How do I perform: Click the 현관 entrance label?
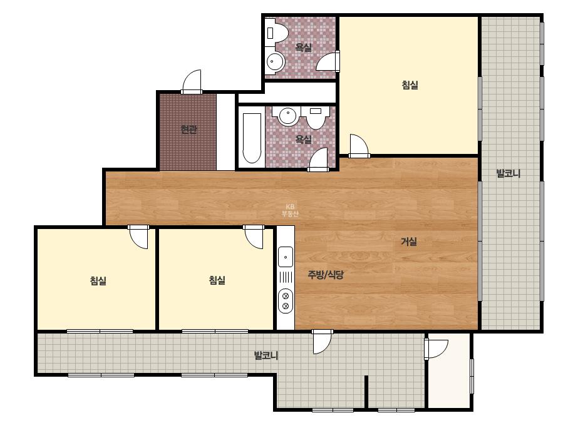click(x=188, y=130)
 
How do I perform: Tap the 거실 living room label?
click(x=409, y=242)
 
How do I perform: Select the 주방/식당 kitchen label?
click(x=326, y=275)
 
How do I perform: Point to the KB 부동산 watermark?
click(x=290, y=210)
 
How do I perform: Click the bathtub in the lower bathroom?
click(x=252, y=138)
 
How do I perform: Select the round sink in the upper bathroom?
click(x=275, y=61)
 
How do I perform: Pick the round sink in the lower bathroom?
click(x=288, y=116)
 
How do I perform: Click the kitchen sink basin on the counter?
click(x=286, y=257)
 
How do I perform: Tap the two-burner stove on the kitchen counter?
click(x=286, y=301)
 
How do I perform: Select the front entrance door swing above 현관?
click(x=192, y=82)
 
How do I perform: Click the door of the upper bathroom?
click(x=328, y=61)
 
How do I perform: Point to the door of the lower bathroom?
click(x=319, y=160)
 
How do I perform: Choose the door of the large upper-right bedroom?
click(x=359, y=146)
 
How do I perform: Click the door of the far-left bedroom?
click(x=138, y=237)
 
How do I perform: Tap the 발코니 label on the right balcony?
click(x=508, y=173)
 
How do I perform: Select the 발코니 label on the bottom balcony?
click(x=266, y=356)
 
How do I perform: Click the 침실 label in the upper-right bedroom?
click(x=410, y=85)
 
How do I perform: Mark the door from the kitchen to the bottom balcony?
click(x=323, y=342)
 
